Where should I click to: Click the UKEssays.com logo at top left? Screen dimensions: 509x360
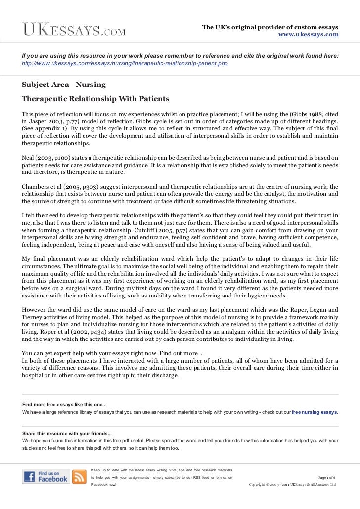click(73, 30)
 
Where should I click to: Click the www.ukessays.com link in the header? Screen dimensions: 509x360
click(309, 34)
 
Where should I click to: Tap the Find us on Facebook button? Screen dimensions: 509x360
click(45, 476)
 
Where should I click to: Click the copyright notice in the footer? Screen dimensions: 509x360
click(293, 485)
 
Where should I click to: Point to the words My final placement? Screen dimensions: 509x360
click(47, 258)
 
